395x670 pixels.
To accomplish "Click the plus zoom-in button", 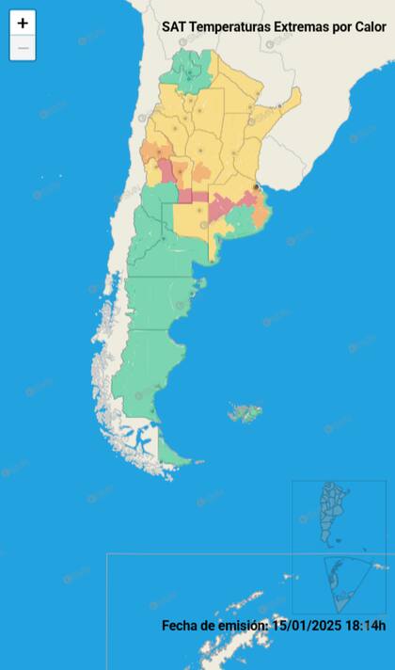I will coord(23,24).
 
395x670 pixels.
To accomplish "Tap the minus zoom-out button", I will coord(23,48).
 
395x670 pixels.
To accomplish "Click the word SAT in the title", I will coord(174,28).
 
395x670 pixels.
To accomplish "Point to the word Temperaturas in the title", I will coord(229,28).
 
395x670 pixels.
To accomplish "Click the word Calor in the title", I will coord(368,28).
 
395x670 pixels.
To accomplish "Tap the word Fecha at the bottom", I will coord(180,626).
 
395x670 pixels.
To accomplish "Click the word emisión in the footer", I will coord(243,626).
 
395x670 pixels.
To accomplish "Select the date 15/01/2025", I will coord(306,626).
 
